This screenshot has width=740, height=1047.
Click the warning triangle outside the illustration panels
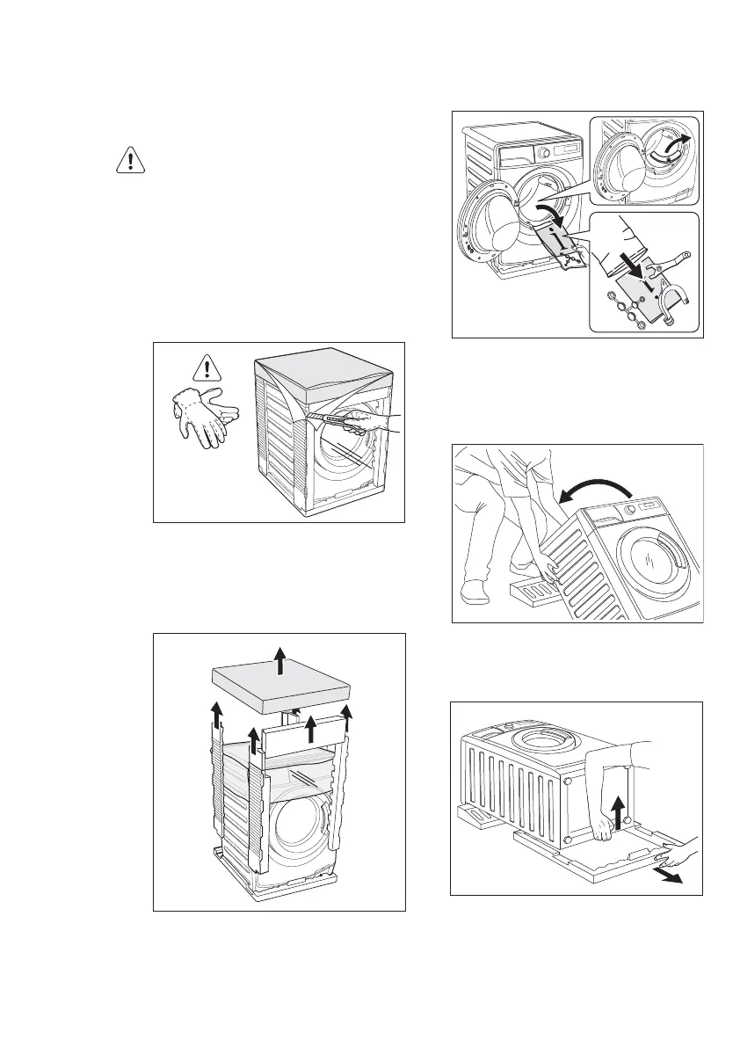(x=131, y=160)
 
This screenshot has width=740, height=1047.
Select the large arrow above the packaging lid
(x=279, y=659)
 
